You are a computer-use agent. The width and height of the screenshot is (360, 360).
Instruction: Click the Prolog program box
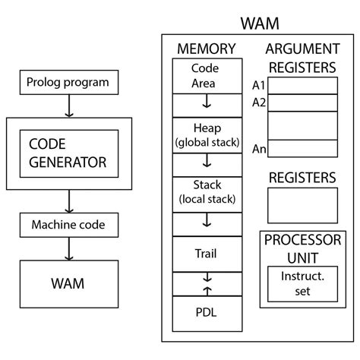[68, 82]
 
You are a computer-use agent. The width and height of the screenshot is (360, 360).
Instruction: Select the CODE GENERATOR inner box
[68, 152]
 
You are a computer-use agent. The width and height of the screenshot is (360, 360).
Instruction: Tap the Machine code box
[68, 225]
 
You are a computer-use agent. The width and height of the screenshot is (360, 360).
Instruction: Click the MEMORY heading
[206, 49]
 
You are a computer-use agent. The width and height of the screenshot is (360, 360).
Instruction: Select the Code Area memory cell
[206, 74]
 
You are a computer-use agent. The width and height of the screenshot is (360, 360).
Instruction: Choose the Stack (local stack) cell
[206, 193]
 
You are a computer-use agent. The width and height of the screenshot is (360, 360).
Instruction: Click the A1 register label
[259, 84]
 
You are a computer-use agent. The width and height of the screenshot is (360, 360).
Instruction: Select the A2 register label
[259, 103]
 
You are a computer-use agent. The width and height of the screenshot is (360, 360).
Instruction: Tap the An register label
[259, 149]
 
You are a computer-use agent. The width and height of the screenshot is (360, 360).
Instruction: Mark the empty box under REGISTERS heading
[302, 205]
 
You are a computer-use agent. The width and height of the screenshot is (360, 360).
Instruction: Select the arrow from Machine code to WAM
[68, 248]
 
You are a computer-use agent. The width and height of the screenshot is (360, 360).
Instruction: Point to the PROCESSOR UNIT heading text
[302, 247]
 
